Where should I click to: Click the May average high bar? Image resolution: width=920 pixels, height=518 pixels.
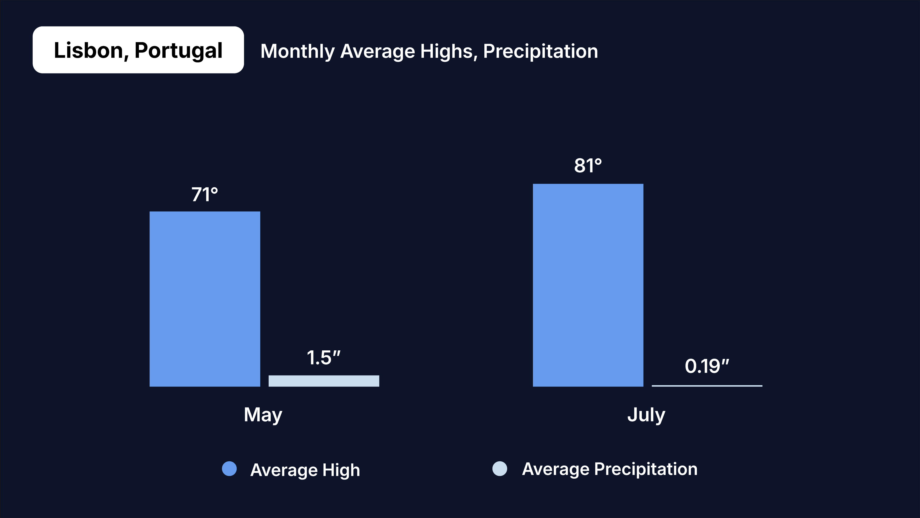pyautogui.click(x=205, y=299)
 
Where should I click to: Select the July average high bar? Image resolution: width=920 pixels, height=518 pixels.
pyautogui.click(x=588, y=285)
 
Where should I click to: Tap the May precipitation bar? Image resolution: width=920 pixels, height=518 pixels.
pyautogui.click(x=324, y=381)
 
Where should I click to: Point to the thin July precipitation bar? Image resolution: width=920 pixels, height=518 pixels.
pyautogui.click(x=707, y=386)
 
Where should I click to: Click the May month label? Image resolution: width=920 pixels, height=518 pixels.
pyautogui.click(x=263, y=415)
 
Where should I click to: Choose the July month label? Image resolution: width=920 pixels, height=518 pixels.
pyautogui.click(x=646, y=415)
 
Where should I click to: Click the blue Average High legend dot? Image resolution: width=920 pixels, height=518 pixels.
pyautogui.click(x=229, y=469)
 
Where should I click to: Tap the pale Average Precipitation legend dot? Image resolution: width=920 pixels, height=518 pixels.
pyautogui.click(x=500, y=469)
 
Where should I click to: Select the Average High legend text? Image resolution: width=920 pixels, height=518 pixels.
pyautogui.click(x=305, y=470)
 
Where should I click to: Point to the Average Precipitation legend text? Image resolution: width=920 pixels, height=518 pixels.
pyautogui.click(x=610, y=469)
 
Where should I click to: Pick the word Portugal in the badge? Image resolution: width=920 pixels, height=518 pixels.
pyautogui.click(x=178, y=50)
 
